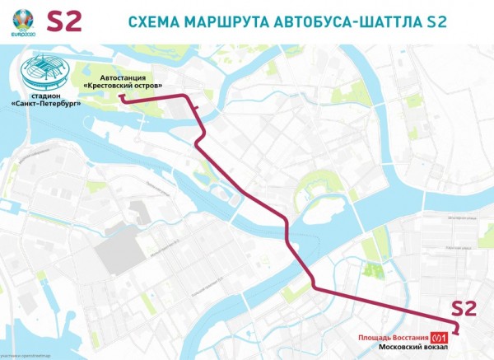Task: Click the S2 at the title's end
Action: click(x=434, y=21)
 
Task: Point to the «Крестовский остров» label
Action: click(x=123, y=85)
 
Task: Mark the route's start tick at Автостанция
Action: click(x=122, y=97)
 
